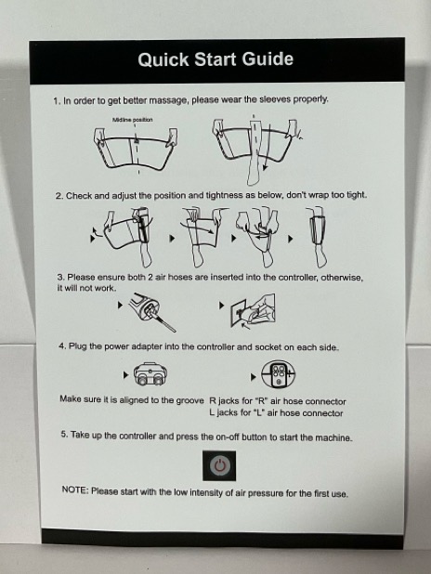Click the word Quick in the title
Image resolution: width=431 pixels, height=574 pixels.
pos(163,60)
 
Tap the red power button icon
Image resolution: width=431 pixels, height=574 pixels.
pos(219,465)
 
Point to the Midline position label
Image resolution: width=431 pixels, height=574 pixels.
pos(132,120)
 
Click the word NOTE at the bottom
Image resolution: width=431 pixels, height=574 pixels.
pos(74,489)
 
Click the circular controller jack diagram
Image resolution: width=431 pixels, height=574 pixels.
pos(279,374)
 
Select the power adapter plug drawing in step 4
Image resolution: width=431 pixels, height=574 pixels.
pos(150,374)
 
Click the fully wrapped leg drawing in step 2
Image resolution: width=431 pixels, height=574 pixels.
pos(317,237)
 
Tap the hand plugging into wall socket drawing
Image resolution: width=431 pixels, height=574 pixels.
pos(253,311)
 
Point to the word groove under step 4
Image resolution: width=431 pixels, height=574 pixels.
pos(190,400)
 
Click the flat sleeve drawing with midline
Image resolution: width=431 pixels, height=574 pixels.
pos(136,149)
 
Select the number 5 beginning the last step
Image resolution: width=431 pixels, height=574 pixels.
pos(64,434)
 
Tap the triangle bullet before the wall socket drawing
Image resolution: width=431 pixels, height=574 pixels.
pos(221,305)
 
